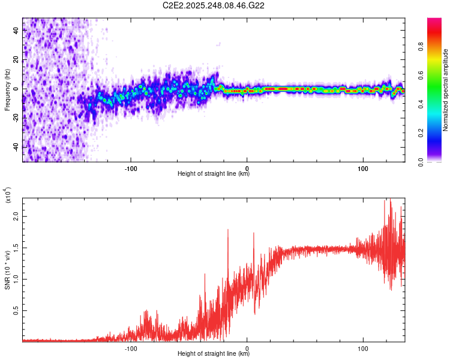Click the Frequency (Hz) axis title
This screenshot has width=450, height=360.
coord(7,90)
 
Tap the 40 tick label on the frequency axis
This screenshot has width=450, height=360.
coord(17,32)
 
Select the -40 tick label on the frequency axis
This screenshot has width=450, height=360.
coord(17,147)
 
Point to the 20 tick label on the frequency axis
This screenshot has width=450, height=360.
coord(17,61)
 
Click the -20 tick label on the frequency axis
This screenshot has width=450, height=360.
coord(17,118)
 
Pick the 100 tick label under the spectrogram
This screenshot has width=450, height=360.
coord(363,167)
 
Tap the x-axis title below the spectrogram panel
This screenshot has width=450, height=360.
coord(214,174)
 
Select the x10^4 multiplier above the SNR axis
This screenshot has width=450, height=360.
coord(8,195)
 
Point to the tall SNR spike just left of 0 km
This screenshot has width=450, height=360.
coord(228,230)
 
